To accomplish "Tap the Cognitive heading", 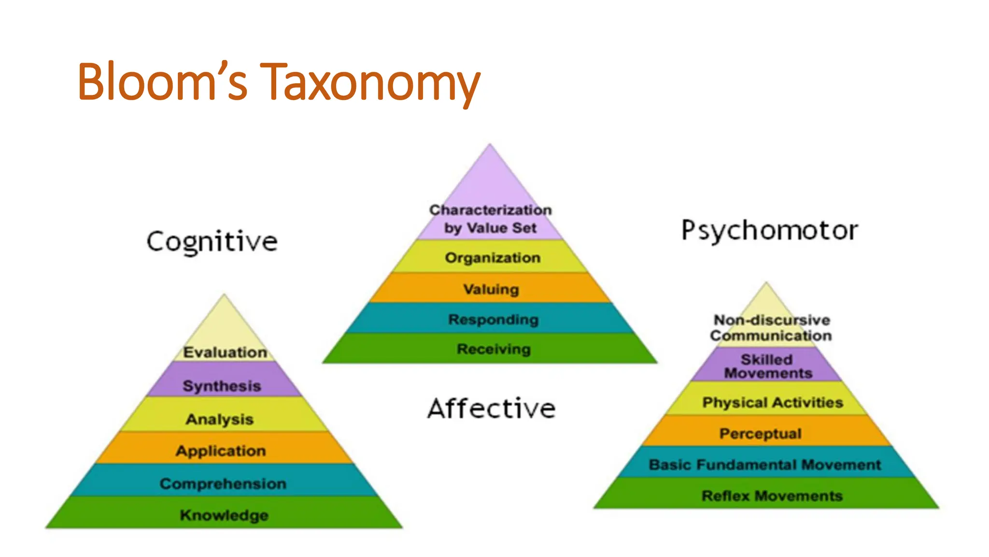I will pos(212,241).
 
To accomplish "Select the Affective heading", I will pos(492,409).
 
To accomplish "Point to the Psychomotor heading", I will pos(769,230).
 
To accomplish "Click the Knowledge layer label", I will pos(224,515).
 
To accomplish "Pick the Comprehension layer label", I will pos(223,484).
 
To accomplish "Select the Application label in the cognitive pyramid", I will pos(221,451).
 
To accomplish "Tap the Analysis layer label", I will pos(220,419).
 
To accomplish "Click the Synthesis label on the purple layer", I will pos(222,386).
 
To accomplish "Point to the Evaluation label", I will pos(225,352).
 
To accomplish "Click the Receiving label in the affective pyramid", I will pos(494,349).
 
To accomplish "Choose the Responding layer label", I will pos(493,320).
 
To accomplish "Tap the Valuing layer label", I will pos(491,289).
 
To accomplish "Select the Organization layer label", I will pos(493,258).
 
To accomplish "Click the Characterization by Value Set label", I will pos(491,219).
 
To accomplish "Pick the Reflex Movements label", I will pos(772,496).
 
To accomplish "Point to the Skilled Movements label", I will pos(768,366).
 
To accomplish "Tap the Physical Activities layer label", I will pos(772,402).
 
